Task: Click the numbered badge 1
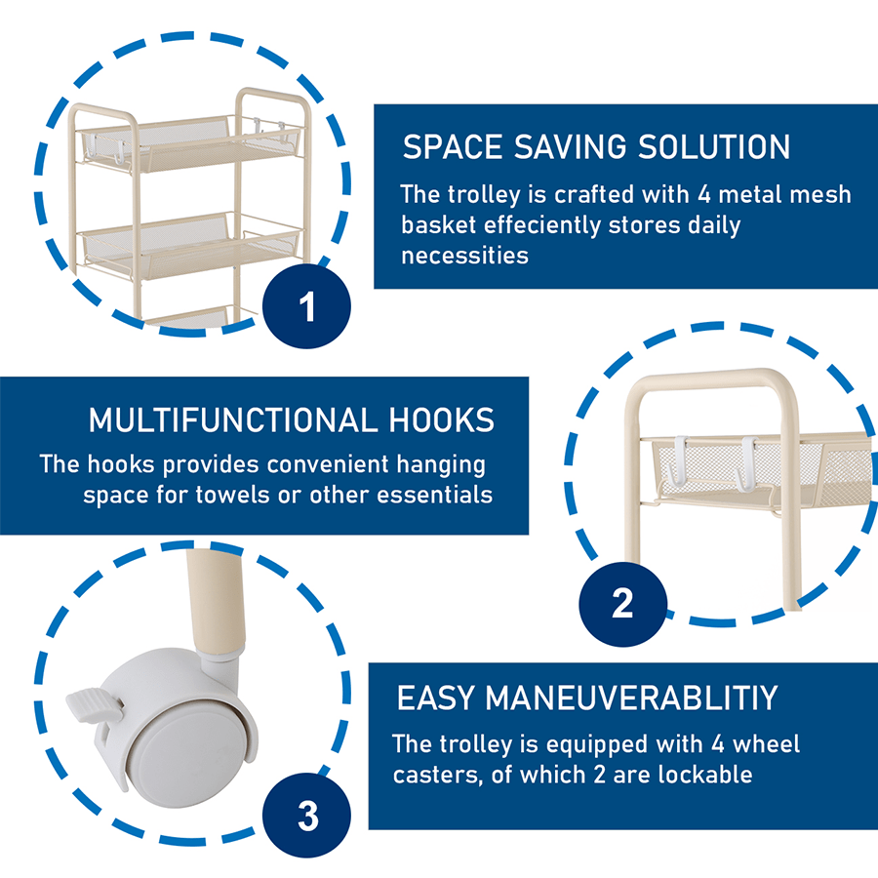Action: pos(307,306)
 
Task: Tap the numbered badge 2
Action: pos(623,604)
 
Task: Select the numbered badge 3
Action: pos(307,816)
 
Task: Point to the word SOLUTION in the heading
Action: pos(714,146)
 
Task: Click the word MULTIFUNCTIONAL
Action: pos(233,419)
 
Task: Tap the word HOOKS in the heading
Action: pos(441,419)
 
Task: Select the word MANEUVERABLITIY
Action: pos(631,698)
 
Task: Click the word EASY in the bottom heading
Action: pos(436,698)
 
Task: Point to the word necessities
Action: pos(464,256)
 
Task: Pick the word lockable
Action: pos(705,775)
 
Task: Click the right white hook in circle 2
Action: pos(747,464)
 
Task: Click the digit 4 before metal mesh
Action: pos(704,195)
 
